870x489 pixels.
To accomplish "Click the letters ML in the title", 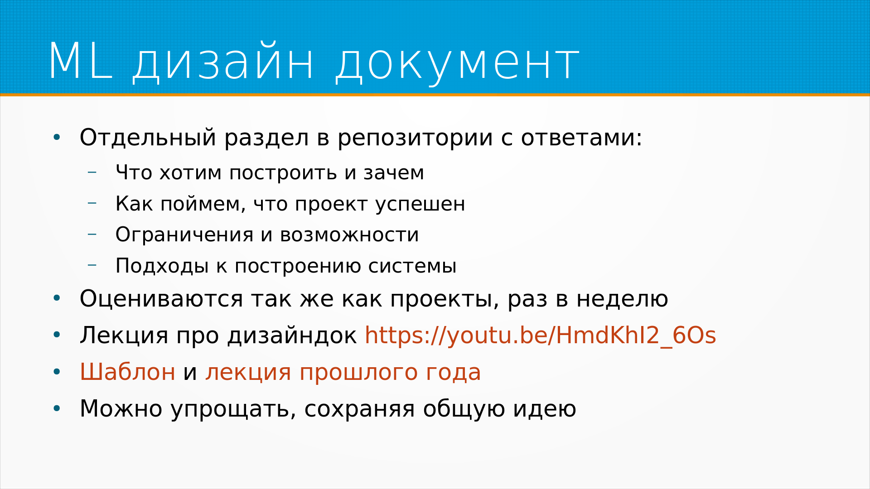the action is pos(80,62).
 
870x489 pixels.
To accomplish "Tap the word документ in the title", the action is pos(457,64).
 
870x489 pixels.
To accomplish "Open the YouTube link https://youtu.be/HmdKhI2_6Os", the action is pos(540,336).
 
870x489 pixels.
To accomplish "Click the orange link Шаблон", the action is pos(127,372).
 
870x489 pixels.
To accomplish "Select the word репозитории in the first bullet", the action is pos(415,138).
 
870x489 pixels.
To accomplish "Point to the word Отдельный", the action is pos(148,138).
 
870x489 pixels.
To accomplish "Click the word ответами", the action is pos(581,138).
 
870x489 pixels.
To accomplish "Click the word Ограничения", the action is pos(184,235).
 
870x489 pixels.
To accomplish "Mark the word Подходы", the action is pos(162,266).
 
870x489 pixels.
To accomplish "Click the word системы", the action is pos(412,266).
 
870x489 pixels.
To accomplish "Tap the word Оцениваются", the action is pos(161,299).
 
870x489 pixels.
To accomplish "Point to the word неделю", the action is pos(622,299).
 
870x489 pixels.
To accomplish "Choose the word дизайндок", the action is pos(292,336).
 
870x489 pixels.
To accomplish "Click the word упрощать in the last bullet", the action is pos(233,409).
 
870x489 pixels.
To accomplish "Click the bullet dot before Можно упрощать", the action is pos(57,409).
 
